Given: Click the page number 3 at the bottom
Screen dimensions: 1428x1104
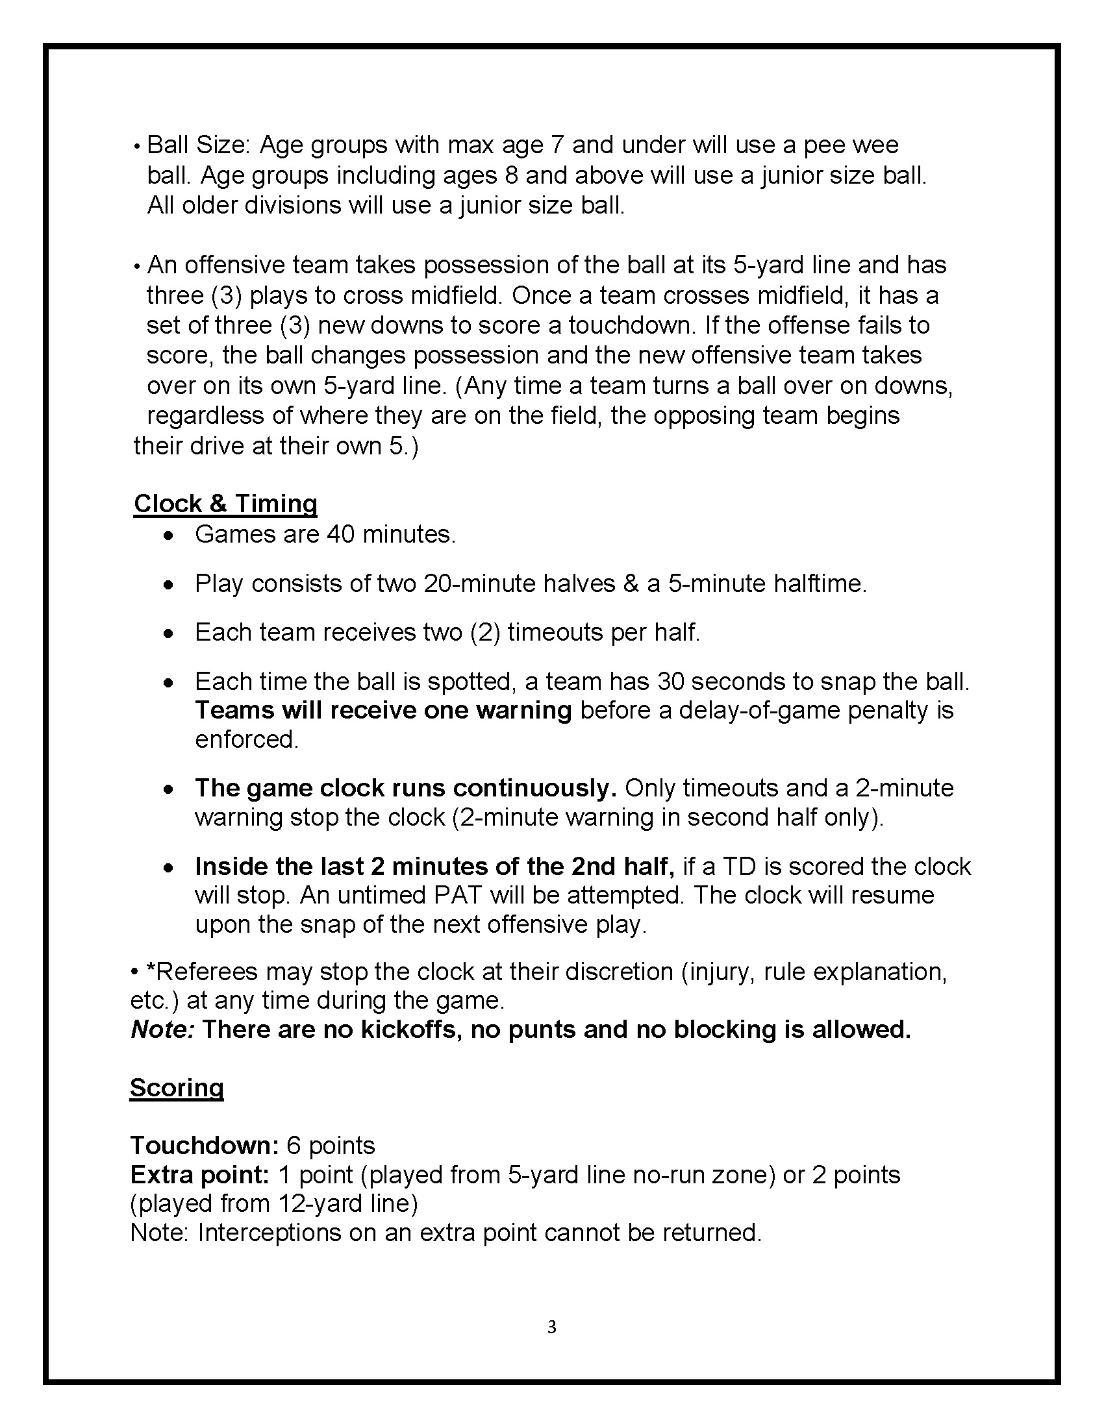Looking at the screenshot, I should [x=551, y=1326].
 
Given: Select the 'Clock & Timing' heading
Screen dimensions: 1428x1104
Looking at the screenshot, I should [x=225, y=504].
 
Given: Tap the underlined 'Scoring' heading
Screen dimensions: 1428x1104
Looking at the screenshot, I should [x=177, y=1087].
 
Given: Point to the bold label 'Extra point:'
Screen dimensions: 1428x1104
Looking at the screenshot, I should [x=199, y=1174].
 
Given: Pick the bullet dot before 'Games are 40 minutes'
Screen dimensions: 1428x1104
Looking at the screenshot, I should [x=169, y=535].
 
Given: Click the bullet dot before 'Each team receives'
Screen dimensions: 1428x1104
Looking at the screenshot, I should [x=169, y=634].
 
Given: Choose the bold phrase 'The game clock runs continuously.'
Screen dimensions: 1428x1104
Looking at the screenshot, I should [x=405, y=788].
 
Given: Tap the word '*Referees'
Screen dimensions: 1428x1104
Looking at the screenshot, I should [x=202, y=972].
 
